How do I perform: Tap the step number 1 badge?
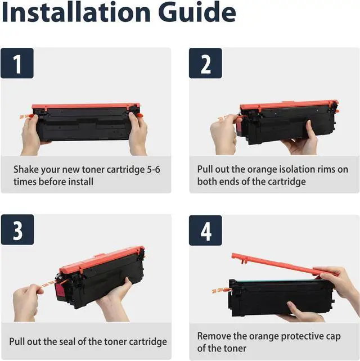click(17, 63)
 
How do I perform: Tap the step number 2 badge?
click(205, 63)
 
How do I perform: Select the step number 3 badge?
click(17, 229)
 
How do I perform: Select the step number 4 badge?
click(205, 230)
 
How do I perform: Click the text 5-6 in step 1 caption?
click(154, 170)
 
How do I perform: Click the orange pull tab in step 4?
click(220, 291)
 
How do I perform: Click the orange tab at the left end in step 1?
click(26, 116)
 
